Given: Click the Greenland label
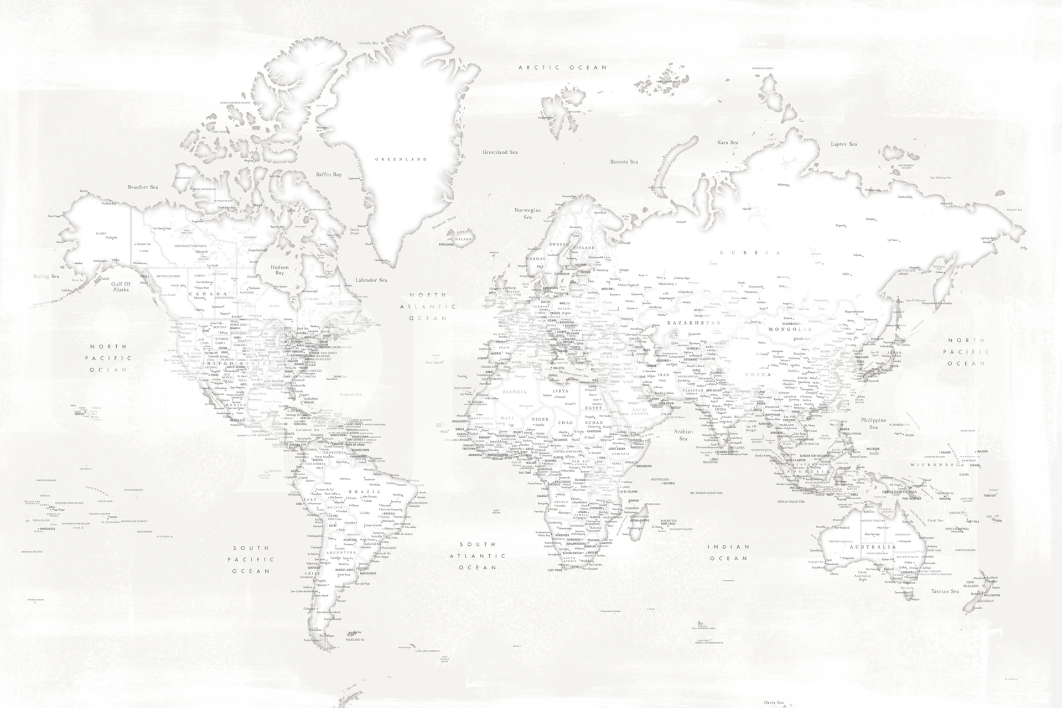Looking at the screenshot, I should click(x=401, y=159).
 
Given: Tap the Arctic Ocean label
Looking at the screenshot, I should click(x=562, y=67).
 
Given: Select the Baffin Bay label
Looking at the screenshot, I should click(x=329, y=175).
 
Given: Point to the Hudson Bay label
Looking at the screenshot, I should click(x=279, y=270).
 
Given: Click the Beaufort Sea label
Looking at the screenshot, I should click(x=143, y=187).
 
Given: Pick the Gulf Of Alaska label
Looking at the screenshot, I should click(x=121, y=287).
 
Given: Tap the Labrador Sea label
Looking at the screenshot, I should click(x=371, y=280).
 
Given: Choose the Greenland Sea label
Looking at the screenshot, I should click(x=500, y=152).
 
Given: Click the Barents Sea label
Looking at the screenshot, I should click(x=624, y=162).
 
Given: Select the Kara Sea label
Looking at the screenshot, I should click(x=727, y=143).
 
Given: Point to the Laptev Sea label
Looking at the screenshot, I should click(x=843, y=144).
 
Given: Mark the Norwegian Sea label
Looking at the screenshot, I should click(x=527, y=214).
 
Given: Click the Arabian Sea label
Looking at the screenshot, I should click(x=683, y=435).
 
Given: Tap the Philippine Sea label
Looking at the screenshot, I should click(x=873, y=424).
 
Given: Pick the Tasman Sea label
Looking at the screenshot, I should click(x=945, y=591).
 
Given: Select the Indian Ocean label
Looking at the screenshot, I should click(x=729, y=552).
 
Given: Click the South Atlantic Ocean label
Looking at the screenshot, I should click(x=477, y=556).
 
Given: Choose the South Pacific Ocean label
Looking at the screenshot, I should click(x=251, y=559).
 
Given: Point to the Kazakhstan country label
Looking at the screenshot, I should click(x=694, y=322).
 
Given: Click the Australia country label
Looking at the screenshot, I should click(x=873, y=547).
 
